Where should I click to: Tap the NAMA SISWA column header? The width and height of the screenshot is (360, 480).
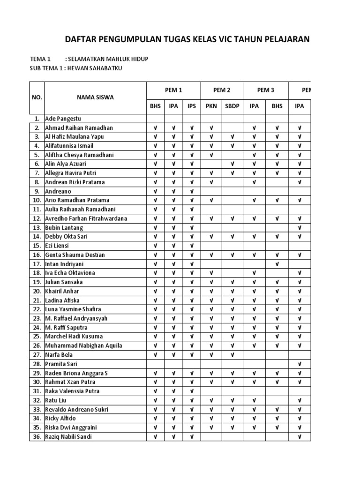95,97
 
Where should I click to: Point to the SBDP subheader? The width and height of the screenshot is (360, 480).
232,106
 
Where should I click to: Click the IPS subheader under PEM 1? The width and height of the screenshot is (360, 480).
191,106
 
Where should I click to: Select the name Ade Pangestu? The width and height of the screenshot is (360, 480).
63,119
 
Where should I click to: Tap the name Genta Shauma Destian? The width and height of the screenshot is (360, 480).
75,255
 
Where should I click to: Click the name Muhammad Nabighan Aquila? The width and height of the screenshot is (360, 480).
83,346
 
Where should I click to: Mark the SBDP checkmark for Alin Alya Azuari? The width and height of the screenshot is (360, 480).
232,164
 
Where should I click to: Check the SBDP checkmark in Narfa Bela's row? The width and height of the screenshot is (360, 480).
232,355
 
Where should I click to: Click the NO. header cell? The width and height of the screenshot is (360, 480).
37,97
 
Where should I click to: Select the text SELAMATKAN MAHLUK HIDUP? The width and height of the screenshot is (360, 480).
106,60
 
